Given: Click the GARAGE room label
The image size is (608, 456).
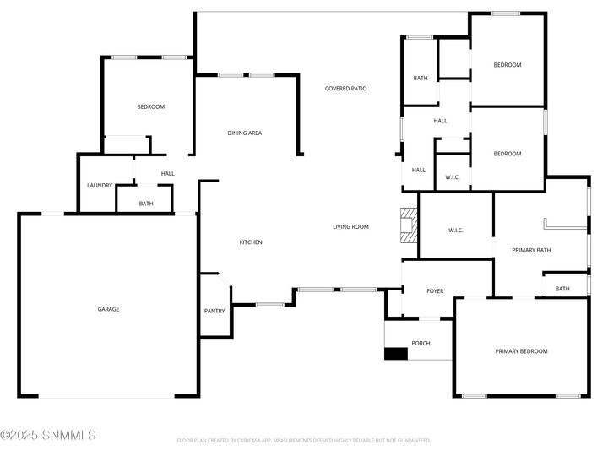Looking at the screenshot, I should pos(108,309).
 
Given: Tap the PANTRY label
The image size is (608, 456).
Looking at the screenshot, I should pos(214,311).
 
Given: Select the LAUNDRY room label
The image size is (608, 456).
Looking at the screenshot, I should pos(100,186).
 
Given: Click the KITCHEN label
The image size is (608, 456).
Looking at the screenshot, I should pos(251,242).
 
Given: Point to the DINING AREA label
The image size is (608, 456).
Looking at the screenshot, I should pos(244,133).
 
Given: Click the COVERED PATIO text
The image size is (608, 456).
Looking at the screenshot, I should pos(346,88).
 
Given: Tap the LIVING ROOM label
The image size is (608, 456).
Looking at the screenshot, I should pos(351,226).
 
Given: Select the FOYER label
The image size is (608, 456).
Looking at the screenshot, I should pos(435,291).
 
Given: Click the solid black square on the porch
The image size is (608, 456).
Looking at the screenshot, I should pos(395,354).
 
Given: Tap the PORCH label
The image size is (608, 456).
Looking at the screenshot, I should pos(421,343).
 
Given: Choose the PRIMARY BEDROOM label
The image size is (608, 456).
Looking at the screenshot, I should pos(521,351).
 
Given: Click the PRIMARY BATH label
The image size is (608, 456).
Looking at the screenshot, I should pos(531,250).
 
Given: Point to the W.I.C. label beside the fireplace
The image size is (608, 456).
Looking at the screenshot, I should pos(455,231).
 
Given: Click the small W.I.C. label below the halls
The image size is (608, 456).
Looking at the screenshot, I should pos(452,177).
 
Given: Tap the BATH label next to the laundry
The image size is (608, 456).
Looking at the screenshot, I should pos(146,204).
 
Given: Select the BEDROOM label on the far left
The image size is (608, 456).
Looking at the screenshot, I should pos(151,106).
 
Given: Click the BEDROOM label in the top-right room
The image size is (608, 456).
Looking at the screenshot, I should pos(508,65).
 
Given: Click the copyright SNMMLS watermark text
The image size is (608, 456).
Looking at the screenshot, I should pos(48,436).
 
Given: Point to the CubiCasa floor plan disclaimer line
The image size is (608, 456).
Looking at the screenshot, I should pos(304,440).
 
